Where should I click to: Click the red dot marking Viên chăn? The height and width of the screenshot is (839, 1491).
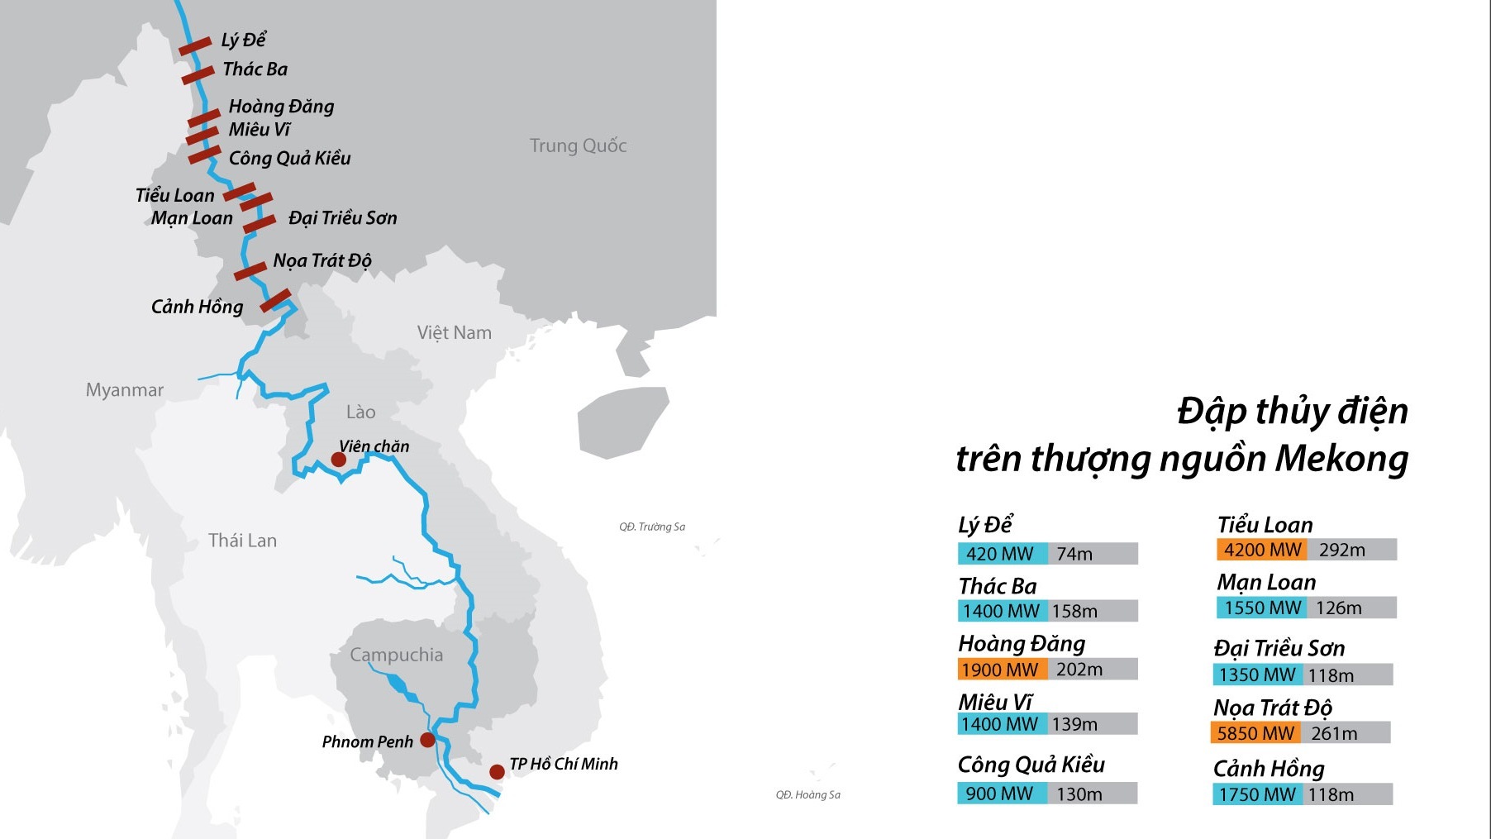[338, 460]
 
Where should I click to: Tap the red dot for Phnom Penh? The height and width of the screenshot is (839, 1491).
[427, 740]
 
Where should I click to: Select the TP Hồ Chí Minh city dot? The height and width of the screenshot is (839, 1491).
[497, 772]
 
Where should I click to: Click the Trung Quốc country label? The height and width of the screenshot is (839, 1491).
[578, 146]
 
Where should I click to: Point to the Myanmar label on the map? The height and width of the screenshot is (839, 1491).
[125, 390]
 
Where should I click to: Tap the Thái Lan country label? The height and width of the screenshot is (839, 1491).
[242, 541]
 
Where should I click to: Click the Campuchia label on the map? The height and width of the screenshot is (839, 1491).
[396, 655]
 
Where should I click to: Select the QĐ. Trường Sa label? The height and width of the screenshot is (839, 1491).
[652, 527]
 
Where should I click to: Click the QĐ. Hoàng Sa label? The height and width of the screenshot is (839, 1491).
[807, 795]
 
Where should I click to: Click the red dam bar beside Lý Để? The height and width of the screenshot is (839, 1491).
[195, 46]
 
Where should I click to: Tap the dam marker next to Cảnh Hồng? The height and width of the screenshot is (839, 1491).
[275, 300]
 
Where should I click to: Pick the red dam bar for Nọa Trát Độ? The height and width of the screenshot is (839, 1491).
[250, 271]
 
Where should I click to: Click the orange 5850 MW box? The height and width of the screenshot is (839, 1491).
[1255, 733]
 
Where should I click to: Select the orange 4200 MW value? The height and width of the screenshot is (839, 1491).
[1261, 550]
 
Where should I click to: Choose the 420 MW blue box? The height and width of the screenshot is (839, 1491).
[1001, 554]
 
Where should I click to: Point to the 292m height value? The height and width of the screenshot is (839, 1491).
[1341, 550]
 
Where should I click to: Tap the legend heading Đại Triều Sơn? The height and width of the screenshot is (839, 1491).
[1279, 648]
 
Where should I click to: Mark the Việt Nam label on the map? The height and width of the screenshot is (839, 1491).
[454, 333]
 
